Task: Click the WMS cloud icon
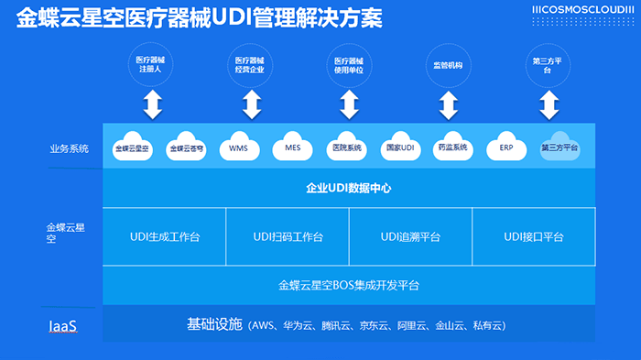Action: [x=238, y=147]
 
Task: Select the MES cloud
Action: [x=292, y=147]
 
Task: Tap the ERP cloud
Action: [x=505, y=147]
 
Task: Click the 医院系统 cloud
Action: [x=345, y=147]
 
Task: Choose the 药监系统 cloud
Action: [x=452, y=147]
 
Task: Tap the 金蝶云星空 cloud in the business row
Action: [x=132, y=147]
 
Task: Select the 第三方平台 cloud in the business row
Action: [x=560, y=147]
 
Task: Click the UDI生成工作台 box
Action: [x=165, y=237]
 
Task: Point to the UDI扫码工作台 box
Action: [x=288, y=237]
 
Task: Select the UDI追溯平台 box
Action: [x=410, y=237]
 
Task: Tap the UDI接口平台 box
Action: [x=534, y=237]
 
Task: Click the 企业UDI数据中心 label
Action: [x=348, y=189]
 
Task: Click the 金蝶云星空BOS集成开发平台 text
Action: [x=348, y=285]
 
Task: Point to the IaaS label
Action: [x=61, y=325]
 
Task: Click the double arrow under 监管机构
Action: [x=447, y=104]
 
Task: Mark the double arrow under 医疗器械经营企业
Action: [x=251, y=104]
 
